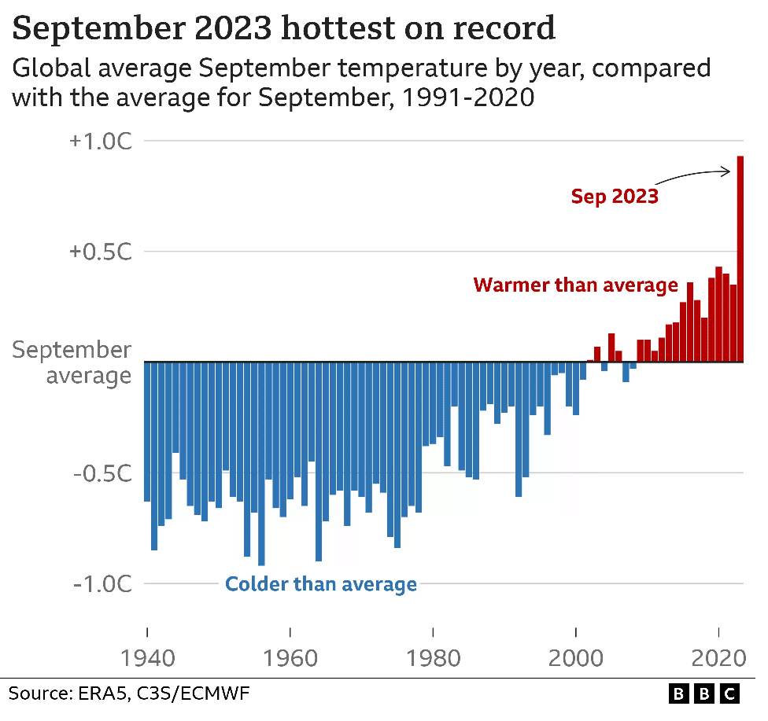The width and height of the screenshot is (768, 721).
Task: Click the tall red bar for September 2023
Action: click(x=740, y=259)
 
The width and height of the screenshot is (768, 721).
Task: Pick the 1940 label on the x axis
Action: click(x=147, y=635)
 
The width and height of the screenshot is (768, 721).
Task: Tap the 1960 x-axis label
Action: click(x=290, y=635)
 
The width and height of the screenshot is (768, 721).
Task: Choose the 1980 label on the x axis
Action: click(x=434, y=635)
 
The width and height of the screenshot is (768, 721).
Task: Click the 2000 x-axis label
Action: click(x=577, y=635)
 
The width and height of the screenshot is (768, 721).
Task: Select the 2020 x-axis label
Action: click(x=719, y=635)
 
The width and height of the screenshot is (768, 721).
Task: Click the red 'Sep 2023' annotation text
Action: click(x=615, y=196)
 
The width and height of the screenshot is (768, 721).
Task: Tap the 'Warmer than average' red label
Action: click(x=575, y=285)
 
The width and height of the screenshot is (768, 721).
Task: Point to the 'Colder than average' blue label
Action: click(x=321, y=584)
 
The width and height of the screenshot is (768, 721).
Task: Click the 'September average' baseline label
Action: click(x=72, y=362)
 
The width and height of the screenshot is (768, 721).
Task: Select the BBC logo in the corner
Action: click(x=704, y=693)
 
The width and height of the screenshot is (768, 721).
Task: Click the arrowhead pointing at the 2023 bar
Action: click(x=729, y=170)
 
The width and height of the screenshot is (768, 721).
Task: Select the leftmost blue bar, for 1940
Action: click(x=147, y=432)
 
